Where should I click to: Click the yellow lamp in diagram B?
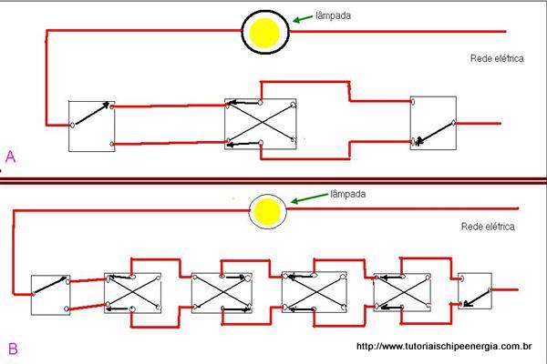coord(267,212)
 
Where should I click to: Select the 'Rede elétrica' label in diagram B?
coord(489,226)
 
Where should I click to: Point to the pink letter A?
coord(10,157)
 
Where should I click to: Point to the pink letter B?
coord(12,348)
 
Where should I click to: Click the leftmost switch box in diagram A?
coord(91,125)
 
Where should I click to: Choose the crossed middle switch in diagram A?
coord(261,125)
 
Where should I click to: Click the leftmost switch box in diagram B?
coord(50,294)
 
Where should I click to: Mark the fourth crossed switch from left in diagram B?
coord(402,293)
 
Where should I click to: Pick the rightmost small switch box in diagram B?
coord(475,293)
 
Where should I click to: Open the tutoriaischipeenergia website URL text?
coord(444,346)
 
